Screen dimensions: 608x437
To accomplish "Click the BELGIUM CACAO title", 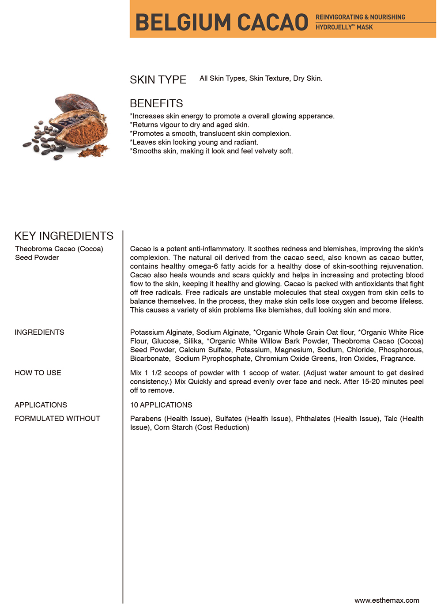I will (222, 22).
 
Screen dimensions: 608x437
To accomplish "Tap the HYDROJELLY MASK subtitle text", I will (344, 27).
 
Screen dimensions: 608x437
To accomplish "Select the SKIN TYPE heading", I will (158, 80).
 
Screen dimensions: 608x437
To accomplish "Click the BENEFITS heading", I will (156, 104).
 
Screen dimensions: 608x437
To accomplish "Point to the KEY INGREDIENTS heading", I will (64, 236).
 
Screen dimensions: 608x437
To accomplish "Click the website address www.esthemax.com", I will (387, 600).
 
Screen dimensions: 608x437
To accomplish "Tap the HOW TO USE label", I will (38, 373).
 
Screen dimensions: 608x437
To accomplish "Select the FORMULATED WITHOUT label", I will (57, 419).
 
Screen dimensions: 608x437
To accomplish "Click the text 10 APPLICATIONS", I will (161, 405).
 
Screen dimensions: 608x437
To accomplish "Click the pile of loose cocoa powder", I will (94, 151).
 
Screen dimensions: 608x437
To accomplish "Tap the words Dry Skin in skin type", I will (308, 79).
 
